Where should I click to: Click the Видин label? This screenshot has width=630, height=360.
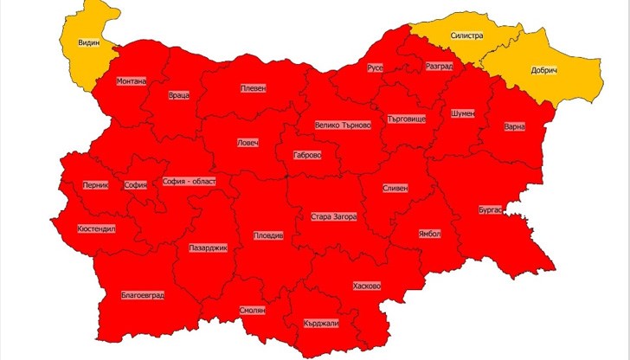point(88,42)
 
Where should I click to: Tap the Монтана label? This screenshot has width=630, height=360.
point(132,81)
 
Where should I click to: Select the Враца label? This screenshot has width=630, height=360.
point(180,95)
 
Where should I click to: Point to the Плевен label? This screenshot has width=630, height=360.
point(253,88)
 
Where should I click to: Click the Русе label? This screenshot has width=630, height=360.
point(375,67)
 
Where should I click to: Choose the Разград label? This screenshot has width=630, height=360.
point(439,67)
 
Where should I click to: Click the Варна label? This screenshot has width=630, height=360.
point(514,127)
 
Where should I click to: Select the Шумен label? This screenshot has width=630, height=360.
point(462,113)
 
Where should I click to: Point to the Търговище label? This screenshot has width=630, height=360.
point(407,118)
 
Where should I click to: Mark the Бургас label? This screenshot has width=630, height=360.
point(490,210)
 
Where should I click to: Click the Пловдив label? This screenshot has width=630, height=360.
point(267,235)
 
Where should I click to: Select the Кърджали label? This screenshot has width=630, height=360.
point(321,324)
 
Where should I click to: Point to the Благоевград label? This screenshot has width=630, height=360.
point(143,295)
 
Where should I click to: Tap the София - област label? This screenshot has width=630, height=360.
point(190,182)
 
